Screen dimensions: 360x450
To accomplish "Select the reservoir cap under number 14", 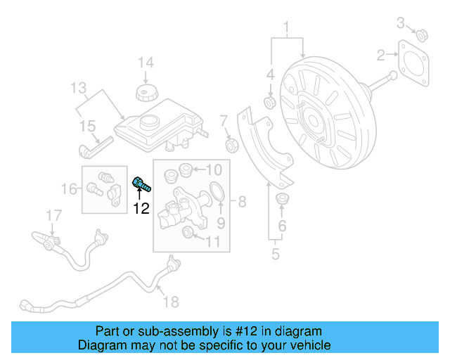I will tap(147, 94).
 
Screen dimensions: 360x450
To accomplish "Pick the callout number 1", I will tap(286, 29).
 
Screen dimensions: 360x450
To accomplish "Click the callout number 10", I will tap(214, 169).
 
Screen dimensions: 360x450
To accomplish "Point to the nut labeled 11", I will tap(188, 233).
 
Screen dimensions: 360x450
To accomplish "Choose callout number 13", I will tap(77, 89).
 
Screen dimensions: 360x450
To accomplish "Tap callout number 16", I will tap(69, 188).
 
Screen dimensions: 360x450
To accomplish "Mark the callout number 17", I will tap(54, 214).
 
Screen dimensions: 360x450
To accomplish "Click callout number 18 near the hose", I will tap(171, 302).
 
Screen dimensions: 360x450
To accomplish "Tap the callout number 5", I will tap(275, 253).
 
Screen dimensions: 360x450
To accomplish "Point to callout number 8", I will tap(242, 203).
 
